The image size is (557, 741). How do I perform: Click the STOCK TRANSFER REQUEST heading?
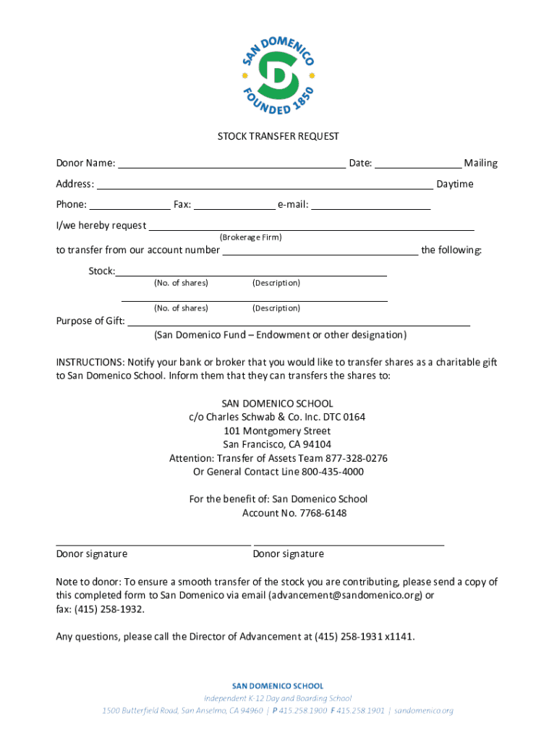click(x=278, y=136)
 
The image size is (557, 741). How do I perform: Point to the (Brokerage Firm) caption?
click(x=250, y=237)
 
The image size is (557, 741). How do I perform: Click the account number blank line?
click(x=320, y=250)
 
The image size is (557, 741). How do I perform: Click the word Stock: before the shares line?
click(x=101, y=271)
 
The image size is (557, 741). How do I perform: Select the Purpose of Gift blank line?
click(x=298, y=321)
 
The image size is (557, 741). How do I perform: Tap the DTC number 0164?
click(x=354, y=417)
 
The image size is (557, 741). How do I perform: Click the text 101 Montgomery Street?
click(x=278, y=431)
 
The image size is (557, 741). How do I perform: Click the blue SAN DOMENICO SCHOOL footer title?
click(x=278, y=685)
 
